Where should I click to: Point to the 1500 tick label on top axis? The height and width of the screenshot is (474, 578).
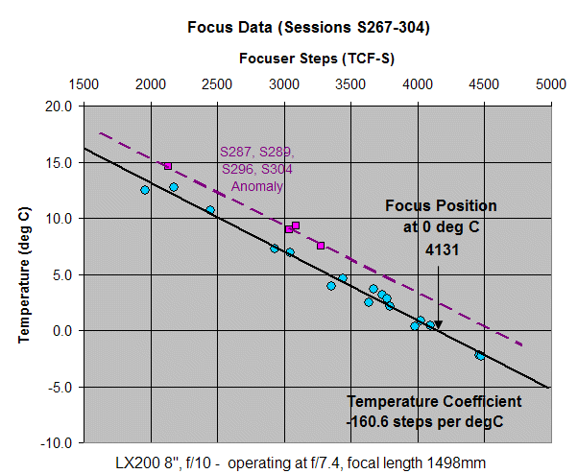84,83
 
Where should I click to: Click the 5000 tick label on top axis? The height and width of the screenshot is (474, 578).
550,83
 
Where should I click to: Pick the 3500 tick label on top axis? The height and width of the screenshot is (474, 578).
350,83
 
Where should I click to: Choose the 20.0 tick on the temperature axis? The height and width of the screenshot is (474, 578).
59,107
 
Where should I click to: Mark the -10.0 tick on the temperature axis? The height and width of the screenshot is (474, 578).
57,442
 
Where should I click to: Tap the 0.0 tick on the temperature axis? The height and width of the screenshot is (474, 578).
61,331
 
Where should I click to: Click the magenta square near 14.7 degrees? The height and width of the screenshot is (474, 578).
167,166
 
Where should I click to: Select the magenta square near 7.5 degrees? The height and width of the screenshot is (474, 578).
321,246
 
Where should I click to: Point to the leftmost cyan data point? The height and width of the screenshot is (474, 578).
145,190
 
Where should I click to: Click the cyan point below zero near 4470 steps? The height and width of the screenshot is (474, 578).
479,355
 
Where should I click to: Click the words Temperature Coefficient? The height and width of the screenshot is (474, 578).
435,401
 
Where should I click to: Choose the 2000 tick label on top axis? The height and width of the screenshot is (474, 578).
150,83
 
